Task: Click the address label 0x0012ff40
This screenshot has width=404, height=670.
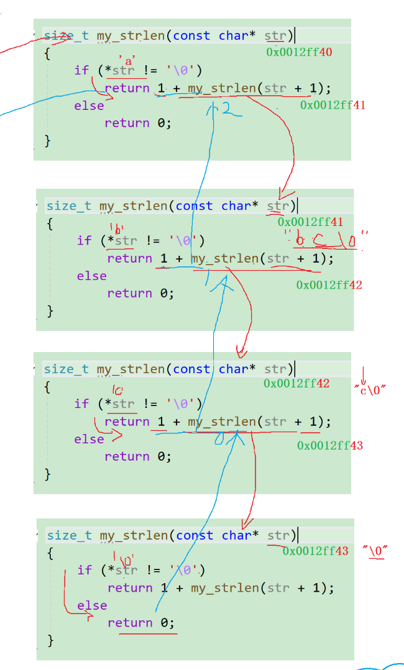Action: tap(299, 53)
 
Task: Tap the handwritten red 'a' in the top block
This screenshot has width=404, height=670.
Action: tap(129, 61)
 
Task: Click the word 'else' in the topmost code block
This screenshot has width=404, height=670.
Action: tap(89, 106)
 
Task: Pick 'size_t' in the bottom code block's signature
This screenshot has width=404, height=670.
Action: tap(70, 535)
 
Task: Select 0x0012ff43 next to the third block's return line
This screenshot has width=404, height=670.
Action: tap(330, 445)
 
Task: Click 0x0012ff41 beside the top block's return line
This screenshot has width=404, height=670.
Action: tap(333, 105)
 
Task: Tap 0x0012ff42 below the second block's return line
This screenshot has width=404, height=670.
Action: tap(329, 285)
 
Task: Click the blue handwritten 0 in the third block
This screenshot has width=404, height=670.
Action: tap(218, 440)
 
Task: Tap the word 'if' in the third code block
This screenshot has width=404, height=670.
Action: tap(81, 404)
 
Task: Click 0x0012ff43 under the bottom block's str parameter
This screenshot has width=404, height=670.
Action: tap(315, 551)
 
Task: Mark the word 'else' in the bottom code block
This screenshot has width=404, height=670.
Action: tap(92, 605)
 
